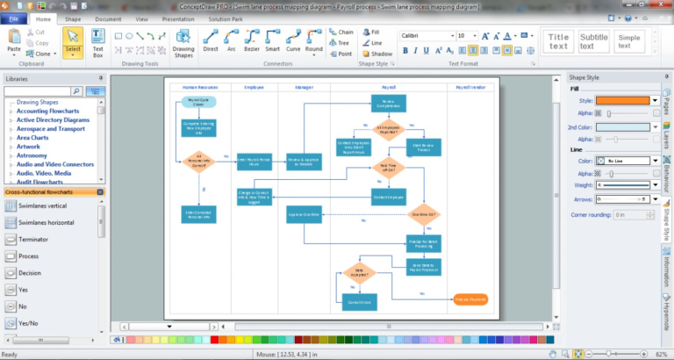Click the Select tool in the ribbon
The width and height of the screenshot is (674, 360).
click(73, 41)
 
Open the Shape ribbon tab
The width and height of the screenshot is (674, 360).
click(73, 18)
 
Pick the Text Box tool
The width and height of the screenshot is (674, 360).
click(98, 41)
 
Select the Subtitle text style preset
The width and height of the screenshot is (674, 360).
click(593, 41)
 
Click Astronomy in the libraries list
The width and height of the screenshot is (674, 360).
click(32, 155)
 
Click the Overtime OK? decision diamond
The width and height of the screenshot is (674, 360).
click(423, 214)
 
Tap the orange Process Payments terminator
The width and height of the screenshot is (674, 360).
click(470, 299)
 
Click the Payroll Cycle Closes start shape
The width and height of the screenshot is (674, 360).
click(199, 101)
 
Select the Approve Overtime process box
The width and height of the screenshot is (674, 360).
click(305, 214)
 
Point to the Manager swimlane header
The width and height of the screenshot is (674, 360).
click(304, 88)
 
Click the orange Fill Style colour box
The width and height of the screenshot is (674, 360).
click(625, 100)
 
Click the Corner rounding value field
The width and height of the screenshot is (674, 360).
click(631, 214)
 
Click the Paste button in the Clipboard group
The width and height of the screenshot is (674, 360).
click(14, 41)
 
